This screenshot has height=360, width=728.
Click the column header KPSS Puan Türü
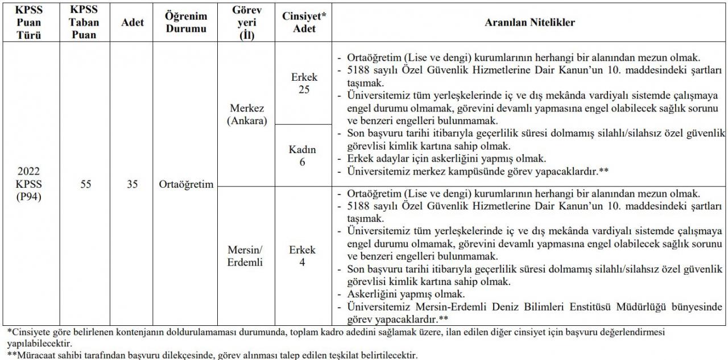[x=29, y=23]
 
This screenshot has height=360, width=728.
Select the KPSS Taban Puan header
[x=85, y=23]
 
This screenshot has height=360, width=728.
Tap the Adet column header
[x=133, y=23]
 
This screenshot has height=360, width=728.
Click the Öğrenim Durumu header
[x=186, y=23]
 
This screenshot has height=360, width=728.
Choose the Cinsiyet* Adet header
[x=304, y=23]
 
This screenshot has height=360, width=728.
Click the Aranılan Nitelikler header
[x=530, y=23]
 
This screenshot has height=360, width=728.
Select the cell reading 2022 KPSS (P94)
[x=29, y=184]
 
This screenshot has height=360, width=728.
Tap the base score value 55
[x=85, y=184]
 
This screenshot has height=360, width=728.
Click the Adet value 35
[x=133, y=184]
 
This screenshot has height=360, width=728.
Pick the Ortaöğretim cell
[x=186, y=184]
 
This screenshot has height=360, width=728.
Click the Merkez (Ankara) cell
[x=247, y=114]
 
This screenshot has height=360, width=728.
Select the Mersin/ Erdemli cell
[x=247, y=256]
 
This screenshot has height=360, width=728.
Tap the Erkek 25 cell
[x=304, y=83]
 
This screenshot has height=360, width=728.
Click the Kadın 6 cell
[x=304, y=155]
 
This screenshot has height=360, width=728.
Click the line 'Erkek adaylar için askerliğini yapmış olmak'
[x=446, y=159]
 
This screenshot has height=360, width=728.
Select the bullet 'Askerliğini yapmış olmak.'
[x=406, y=295]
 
